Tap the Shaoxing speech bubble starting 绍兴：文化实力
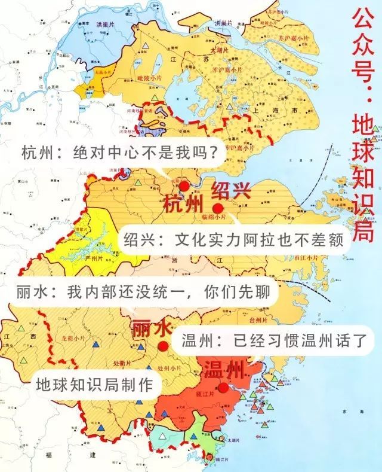coord(233,240)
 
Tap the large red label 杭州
coord(182,203)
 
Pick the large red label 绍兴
coord(232,191)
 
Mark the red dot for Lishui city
coord(162,346)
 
